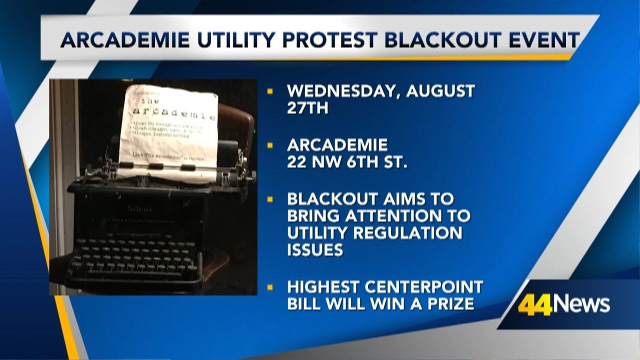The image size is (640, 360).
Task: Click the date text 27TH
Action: (x=307, y=108)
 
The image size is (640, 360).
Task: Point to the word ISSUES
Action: (x=315, y=250)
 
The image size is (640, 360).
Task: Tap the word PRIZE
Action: (x=449, y=303)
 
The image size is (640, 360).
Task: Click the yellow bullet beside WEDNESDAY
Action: (x=270, y=91)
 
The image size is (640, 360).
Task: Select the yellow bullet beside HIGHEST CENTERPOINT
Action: (x=270, y=287)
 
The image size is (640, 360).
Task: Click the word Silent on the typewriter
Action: (x=139, y=209)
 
